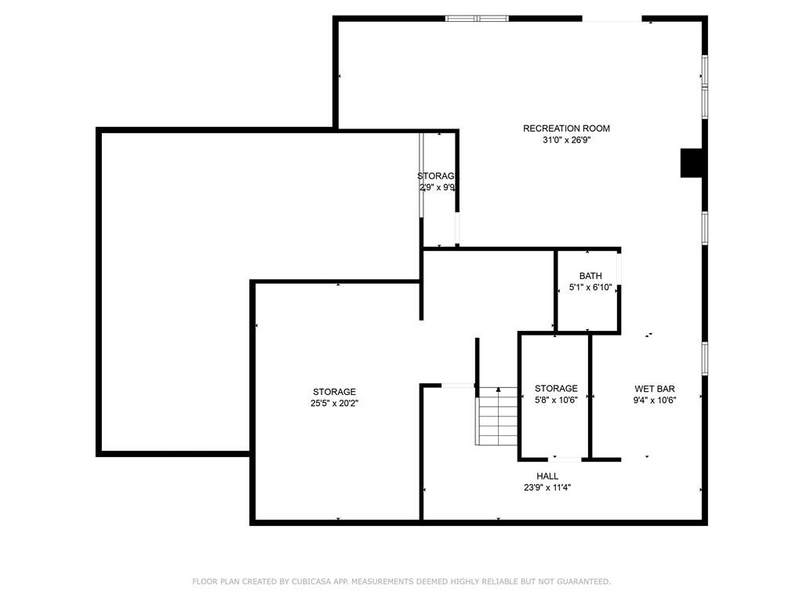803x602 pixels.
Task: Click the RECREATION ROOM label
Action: click(x=566, y=129)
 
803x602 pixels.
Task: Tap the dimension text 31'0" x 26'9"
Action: click(x=566, y=141)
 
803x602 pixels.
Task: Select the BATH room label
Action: click(x=590, y=276)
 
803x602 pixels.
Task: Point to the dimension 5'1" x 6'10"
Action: click(x=590, y=288)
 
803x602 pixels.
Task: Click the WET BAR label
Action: click(x=655, y=389)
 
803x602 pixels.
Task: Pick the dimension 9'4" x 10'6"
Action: click(x=655, y=400)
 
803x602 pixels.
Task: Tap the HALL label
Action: click(x=547, y=476)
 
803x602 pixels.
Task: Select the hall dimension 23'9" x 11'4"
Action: click(x=547, y=487)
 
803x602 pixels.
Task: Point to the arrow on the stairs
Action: click(x=499, y=390)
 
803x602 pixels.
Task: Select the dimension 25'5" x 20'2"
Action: click(x=335, y=403)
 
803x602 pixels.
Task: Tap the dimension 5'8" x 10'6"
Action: click(x=556, y=400)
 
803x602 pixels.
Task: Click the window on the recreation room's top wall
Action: click(x=477, y=18)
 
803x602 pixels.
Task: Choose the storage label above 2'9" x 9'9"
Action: click(x=438, y=176)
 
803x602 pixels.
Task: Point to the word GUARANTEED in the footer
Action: click(x=582, y=582)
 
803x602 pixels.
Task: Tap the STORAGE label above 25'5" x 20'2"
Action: click(x=335, y=392)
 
